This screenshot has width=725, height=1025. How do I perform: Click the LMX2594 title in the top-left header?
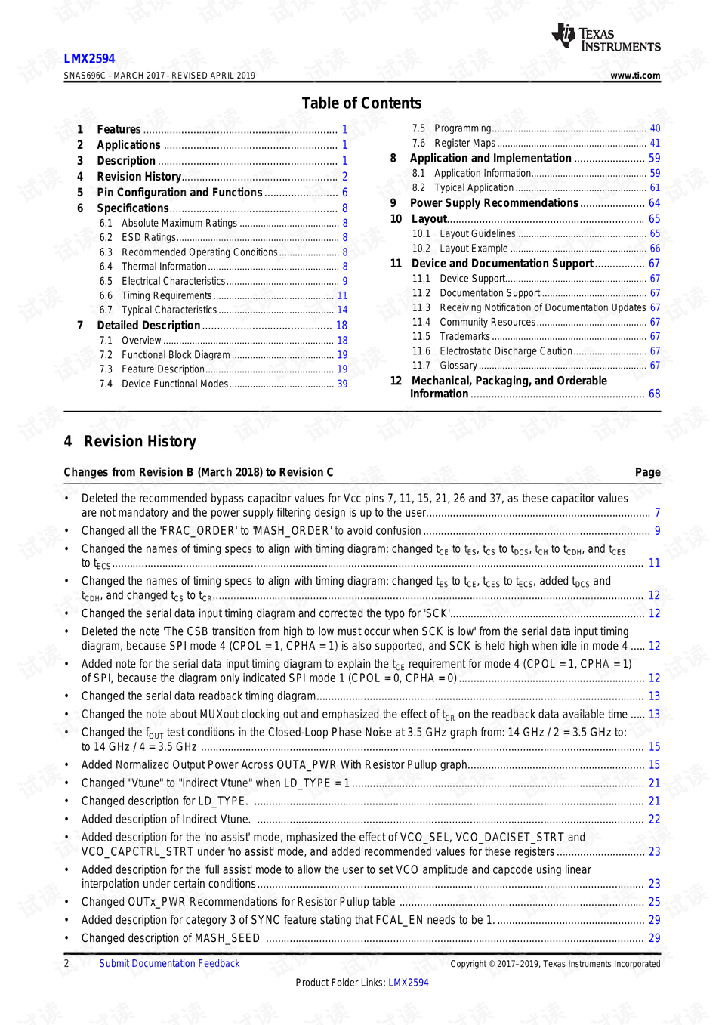pyautogui.click(x=89, y=59)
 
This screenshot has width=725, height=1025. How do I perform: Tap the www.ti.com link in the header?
pyautogui.click(x=635, y=76)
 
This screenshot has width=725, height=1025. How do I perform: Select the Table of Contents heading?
pyautogui.click(x=361, y=103)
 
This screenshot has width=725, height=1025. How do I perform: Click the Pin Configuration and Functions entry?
pyautogui.click(x=179, y=193)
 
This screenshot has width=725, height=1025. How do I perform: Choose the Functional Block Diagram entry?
pyautogui.click(x=175, y=355)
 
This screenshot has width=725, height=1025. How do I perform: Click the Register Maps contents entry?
pyautogui.click(x=464, y=144)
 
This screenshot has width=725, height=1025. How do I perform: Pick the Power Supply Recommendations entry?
pyautogui.click(x=493, y=203)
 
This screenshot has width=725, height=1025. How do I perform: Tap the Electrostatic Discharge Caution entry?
pyautogui.click(x=505, y=351)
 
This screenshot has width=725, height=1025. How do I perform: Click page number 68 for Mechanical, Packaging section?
pyautogui.click(x=654, y=394)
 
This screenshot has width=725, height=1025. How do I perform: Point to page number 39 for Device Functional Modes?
pyautogui.click(x=342, y=384)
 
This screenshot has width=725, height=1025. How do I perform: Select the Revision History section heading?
pyautogui.click(x=140, y=442)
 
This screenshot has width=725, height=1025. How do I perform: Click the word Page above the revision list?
pyautogui.click(x=647, y=472)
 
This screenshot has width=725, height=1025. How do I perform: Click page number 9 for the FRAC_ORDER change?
pyautogui.click(x=657, y=531)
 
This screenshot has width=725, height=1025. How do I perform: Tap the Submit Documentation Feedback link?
pyautogui.click(x=169, y=964)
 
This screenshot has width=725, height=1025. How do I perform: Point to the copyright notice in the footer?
pyautogui.click(x=555, y=964)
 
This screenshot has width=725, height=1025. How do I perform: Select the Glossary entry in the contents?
pyautogui.click(x=458, y=366)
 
